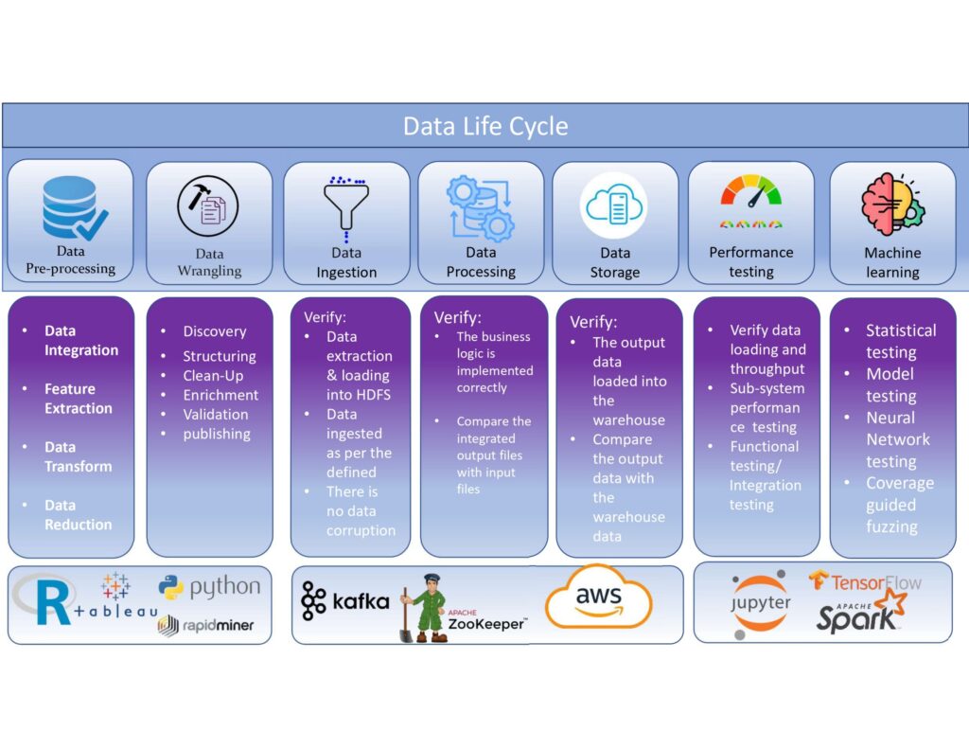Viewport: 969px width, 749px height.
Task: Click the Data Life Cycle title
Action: (x=484, y=127)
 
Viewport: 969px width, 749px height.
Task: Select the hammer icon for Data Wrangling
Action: (x=208, y=206)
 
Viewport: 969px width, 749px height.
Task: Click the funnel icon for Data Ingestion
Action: (x=346, y=205)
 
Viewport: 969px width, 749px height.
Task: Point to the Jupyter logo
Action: (x=760, y=602)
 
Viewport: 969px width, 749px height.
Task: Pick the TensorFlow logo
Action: (x=865, y=581)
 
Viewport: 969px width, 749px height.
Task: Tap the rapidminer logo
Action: (x=206, y=624)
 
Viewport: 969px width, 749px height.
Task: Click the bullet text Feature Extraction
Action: (x=78, y=399)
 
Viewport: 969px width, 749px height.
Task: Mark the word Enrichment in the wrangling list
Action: (x=220, y=395)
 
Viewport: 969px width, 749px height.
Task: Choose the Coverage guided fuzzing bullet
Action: (x=899, y=504)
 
